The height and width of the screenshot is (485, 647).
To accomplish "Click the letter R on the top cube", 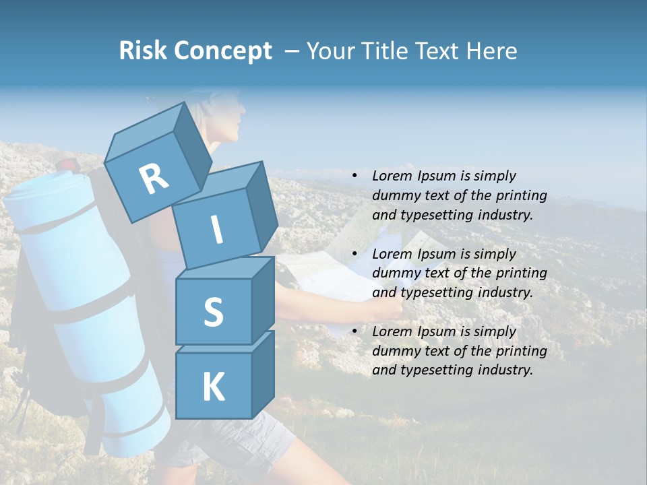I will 154,179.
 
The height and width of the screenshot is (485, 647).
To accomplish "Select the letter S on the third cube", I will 213,312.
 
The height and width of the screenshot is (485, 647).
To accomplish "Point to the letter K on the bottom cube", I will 213,387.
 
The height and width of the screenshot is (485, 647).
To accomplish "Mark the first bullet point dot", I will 355,176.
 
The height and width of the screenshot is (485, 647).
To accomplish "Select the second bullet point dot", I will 355,254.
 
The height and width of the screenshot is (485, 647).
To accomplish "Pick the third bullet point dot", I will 355,331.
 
